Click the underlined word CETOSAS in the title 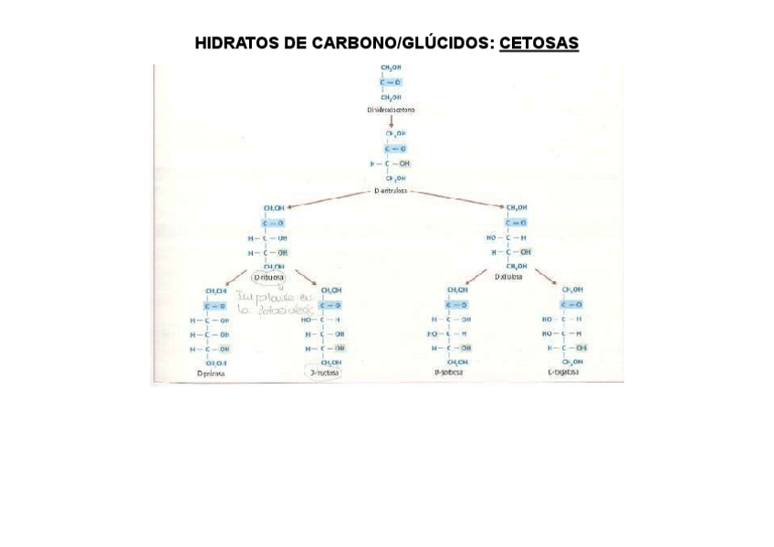pos(539,44)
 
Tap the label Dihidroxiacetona pos(391,109)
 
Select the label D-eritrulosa pos(391,191)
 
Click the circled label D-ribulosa pos(269,277)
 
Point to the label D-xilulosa pos(508,277)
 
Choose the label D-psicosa pos(211,373)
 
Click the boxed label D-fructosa pos(324,373)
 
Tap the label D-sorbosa pos(448,373)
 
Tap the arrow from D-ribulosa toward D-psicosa pos(235,277)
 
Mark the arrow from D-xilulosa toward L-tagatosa pos(545,275)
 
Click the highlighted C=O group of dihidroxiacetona pos(391,82)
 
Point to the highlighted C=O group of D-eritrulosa pos(395,148)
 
